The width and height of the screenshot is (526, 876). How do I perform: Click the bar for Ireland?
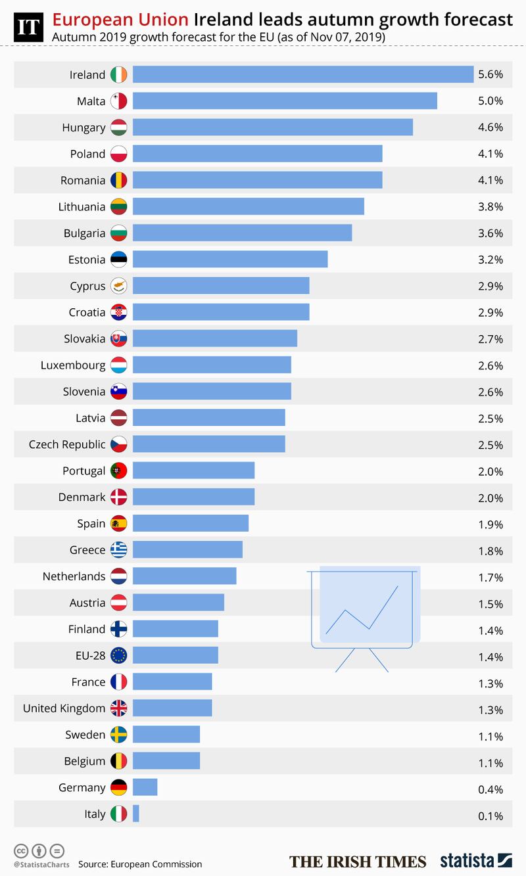tap(303, 74)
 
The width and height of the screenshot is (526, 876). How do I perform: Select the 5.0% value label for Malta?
tap(490, 101)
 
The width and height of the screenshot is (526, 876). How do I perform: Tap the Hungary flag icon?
tap(119, 127)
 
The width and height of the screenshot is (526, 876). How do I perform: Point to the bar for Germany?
tap(145, 787)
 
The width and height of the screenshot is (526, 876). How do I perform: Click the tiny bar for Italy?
tap(135, 814)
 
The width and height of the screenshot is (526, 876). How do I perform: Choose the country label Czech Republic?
tap(67, 444)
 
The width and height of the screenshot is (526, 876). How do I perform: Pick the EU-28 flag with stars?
tap(119, 655)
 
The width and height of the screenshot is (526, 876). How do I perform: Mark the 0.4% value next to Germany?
tap(490, 789)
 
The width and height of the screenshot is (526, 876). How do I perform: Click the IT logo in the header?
tap(28, 27)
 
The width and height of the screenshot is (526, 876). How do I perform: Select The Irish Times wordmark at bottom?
tap(358, 862)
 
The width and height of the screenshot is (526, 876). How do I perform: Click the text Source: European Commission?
tap(140, 864)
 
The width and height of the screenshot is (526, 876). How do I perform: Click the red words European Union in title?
tap(121, 20)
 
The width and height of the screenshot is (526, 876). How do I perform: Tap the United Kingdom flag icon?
tap(119, 708)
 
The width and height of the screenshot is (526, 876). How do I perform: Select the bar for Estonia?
tap(230, 259)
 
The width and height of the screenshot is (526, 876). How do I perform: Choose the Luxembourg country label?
tap(72, 365)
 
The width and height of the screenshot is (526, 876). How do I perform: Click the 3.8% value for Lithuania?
tap(490, 207)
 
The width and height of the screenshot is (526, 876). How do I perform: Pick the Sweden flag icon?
tap(119, 735)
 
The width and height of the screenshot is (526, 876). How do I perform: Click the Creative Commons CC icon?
tap(20, 849)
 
